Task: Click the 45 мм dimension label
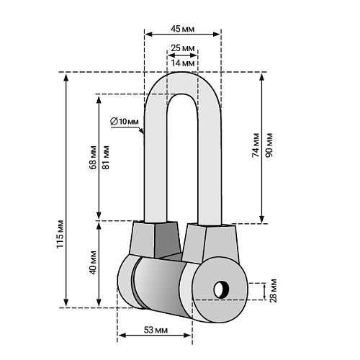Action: tap(182, 29)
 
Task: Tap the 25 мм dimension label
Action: tap(182, 48)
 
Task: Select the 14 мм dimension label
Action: tap(182, 63)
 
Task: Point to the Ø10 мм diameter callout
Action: tap(125, 122)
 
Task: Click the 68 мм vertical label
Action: tap(93, 157)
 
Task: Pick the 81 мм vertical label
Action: tap(106, 157)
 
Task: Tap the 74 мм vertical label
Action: tap(256, 145)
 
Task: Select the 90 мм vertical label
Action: tap(269, 145)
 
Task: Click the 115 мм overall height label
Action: tap(60, 234)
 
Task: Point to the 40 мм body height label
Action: tap(93, 263)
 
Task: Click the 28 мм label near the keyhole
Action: tap(274, 290)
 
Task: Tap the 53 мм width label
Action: tap(156, 330)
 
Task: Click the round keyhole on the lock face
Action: tap(221, 289)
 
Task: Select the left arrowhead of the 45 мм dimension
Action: tap(148, 34)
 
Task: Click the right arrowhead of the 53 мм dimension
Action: tap(187, 335)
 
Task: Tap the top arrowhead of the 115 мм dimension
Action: tap(66, 77)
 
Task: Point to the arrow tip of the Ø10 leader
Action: tap(143, 132)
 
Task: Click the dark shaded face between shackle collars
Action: tap(168, 240)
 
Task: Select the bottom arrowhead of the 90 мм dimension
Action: tap(262, 219)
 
